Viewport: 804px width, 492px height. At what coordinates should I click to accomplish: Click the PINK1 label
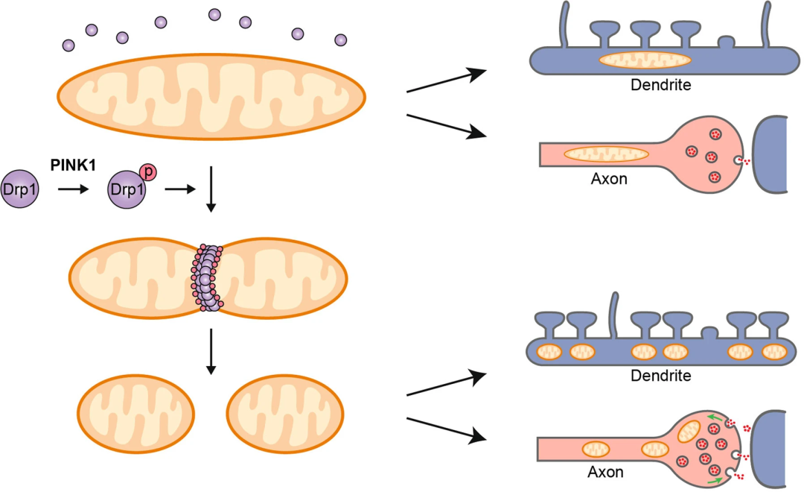coord(73,163)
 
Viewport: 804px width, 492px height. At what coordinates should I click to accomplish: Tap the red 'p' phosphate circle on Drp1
coord(148,173)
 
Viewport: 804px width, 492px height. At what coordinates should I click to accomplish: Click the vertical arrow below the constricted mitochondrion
coord(211,350)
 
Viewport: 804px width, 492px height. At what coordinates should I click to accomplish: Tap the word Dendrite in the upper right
coord(661,85)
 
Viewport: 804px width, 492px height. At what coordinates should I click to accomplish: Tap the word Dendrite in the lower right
coord(661,376)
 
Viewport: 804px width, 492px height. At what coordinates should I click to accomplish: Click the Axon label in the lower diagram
coord(607,472)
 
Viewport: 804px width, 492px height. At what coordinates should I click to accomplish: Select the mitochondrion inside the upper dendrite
coord(645,60)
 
